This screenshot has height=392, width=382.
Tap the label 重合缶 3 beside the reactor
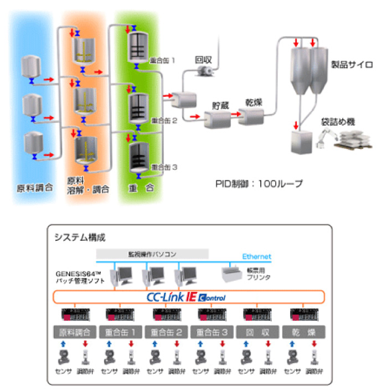click(x=164, y=167)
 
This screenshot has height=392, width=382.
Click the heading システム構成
click(x=80, y=237)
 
